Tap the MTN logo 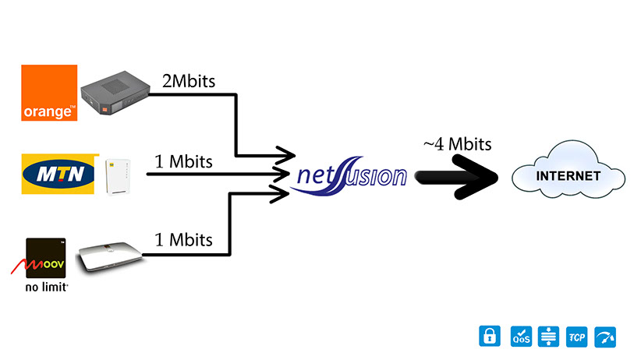pyautogui.click(x=58, y=173)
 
